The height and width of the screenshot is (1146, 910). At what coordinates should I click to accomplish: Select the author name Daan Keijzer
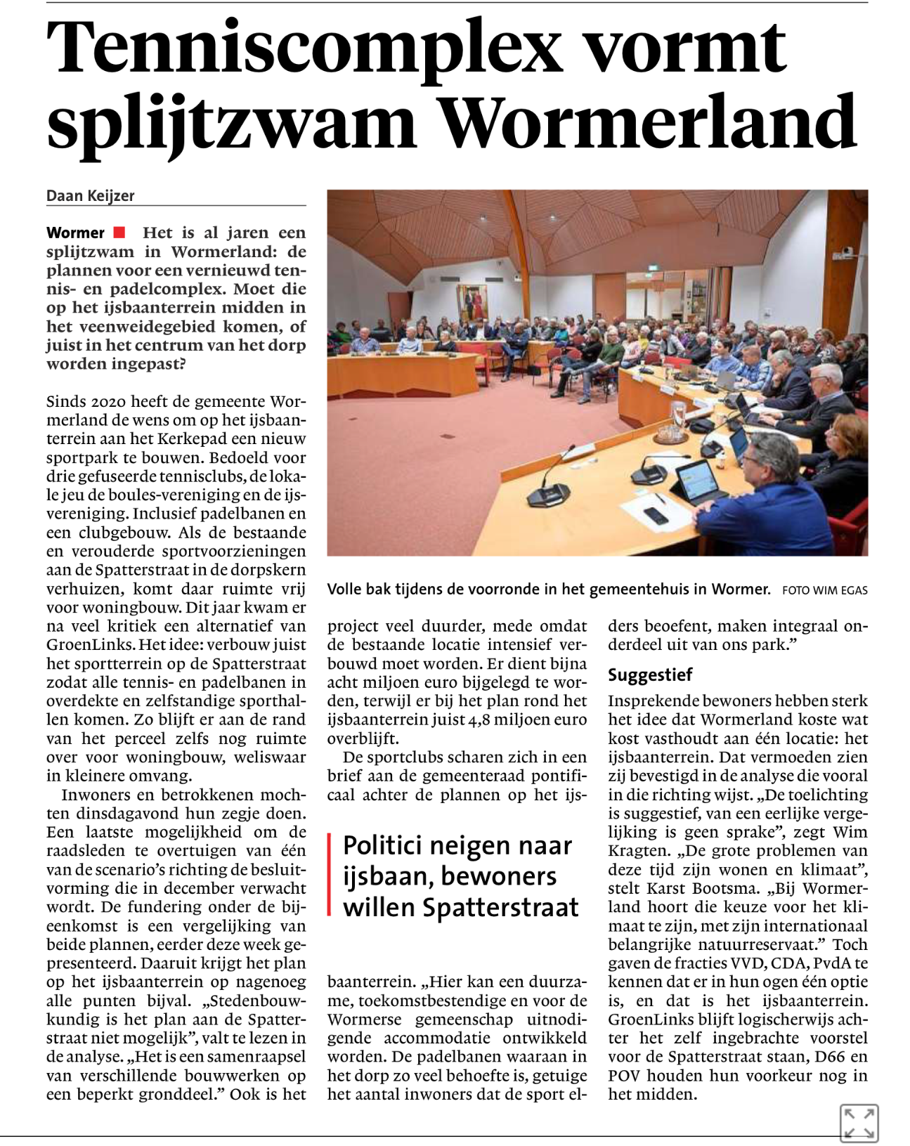pos(90,196)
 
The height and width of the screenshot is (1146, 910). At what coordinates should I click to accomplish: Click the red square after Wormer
pos(119,233)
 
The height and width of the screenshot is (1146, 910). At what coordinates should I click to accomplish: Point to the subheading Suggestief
pos(650,675)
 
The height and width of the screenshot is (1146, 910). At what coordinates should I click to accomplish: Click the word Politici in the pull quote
pos(386,846)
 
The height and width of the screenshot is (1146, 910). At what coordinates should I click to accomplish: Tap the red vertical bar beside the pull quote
pos(330,875)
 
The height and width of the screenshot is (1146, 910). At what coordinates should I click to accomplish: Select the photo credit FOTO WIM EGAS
pos(824,590)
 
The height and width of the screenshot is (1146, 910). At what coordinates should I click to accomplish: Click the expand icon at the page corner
pos(859,1123)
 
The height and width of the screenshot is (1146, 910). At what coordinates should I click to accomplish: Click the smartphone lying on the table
pos(656,515)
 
